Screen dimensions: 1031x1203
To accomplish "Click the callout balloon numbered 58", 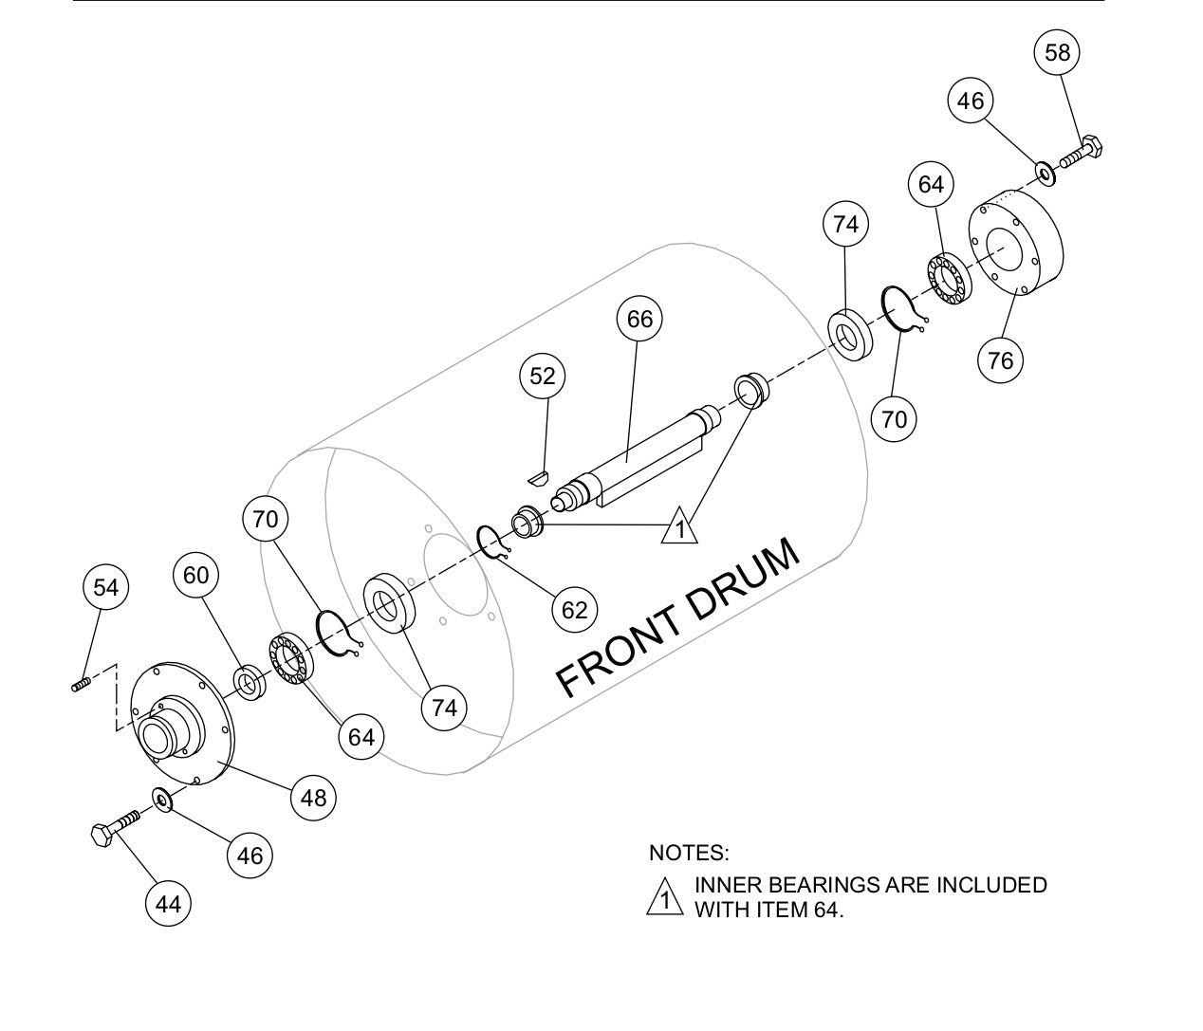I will click(x=1057, y=51).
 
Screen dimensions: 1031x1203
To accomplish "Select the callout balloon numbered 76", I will click(x=1000, y=360).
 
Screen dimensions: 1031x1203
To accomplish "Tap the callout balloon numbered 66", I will click(x=639, y=319).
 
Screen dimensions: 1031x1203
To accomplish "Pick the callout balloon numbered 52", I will click(x=542, y=377).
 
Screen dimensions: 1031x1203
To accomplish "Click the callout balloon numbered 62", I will click(x=575, y=610).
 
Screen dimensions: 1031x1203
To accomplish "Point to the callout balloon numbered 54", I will click(x=105, y=588).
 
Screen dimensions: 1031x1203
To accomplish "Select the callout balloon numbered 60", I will click(x=195, y=576).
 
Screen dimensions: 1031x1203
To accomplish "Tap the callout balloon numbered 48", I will click(x=313, y=798).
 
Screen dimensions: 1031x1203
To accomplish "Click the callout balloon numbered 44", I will click(x=168, y=904).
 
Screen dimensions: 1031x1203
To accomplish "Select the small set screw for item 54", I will click(x=81, y=684).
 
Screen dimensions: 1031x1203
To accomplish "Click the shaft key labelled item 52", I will click(x=538, y=475).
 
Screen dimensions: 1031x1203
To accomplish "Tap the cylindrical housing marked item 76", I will click(x=1015, y=249).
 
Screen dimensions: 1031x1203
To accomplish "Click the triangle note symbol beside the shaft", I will click(x=679, y=526).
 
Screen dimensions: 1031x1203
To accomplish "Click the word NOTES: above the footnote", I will click(x=689, y=853).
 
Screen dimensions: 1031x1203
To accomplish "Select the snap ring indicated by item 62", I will click(x=493, y=543).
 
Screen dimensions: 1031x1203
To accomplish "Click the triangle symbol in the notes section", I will click(x=665, y=897).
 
